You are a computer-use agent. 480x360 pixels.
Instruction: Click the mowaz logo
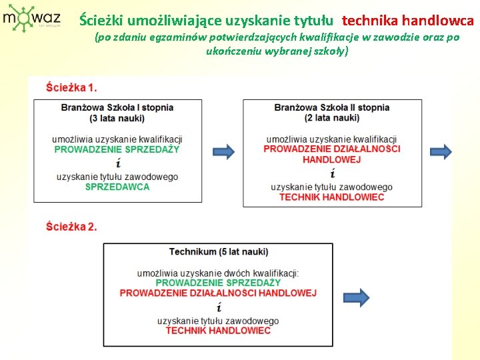click(x=31, y=19)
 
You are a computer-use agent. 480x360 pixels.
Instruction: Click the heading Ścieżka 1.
click(x=71, y=87)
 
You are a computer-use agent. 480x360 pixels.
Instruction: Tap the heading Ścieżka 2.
click(x=71, y=227)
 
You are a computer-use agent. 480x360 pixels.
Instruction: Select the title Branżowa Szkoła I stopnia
click(x=117, y=107)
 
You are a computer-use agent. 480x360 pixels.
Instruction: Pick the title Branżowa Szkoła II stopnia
click(x=332, y=107)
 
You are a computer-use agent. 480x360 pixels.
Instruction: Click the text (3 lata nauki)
click(x=117, y=118)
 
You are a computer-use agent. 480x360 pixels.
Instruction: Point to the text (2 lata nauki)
click(x=332, y=118)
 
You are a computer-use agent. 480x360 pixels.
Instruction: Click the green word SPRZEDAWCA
click(x=117, y=187)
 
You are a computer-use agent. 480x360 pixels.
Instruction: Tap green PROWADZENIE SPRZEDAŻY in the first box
click(x=117, y=149)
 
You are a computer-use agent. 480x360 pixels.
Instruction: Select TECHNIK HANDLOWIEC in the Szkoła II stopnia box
click(x=332, y=197)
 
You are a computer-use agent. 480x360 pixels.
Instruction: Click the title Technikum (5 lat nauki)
click(x=219, y=252)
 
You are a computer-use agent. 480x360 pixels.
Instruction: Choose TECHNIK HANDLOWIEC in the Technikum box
click(x=219, y=331)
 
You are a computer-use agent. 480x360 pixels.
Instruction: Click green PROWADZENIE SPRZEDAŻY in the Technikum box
click(x=219, y=283)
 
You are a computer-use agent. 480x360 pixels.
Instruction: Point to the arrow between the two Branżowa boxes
click(x=223, y=151)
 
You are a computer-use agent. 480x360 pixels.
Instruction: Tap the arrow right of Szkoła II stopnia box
click(x=441, y=151)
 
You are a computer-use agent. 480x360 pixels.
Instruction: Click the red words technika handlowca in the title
click(x=408, y=21)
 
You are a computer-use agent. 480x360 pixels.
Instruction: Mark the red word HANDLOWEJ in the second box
click(x=332, y=159)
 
